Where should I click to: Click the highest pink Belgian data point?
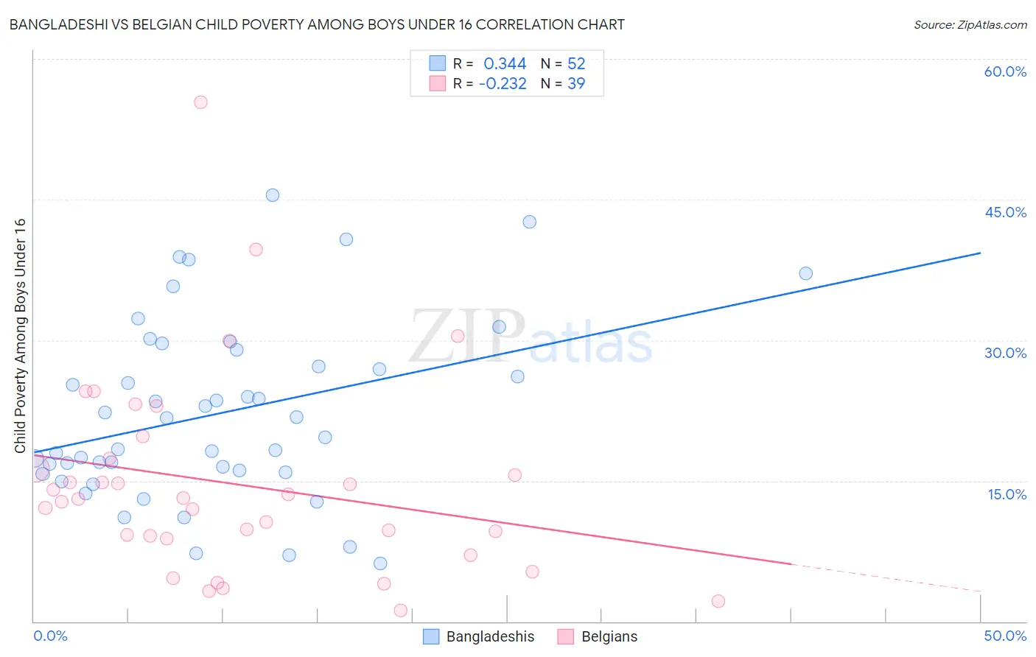200,102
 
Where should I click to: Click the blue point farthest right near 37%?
805,273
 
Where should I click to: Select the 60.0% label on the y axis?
1005,71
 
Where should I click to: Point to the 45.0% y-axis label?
1005,212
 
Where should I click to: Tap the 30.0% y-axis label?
1005,353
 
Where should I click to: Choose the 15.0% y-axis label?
1007,494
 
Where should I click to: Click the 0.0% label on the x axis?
50,636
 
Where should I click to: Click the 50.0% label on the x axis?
1005,636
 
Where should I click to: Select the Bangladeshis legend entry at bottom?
479,636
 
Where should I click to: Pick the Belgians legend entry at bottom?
598,636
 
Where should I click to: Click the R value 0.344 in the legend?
505,64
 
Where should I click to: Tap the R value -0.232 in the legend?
503,84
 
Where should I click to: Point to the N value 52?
576,64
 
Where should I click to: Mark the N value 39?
576,84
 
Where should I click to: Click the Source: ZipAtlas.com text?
970,25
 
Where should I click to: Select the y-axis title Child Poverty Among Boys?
20,336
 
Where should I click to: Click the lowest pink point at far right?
718,601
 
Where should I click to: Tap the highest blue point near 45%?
272,195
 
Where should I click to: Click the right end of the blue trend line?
980,253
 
